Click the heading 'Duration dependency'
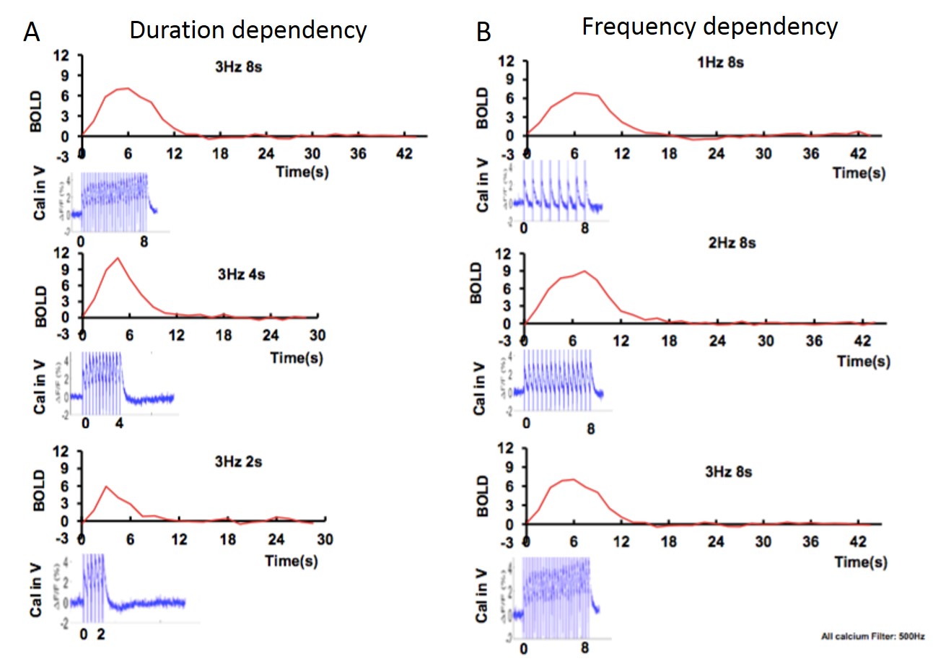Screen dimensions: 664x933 248,30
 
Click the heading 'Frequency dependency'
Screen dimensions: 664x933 710,27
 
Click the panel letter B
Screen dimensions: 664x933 483,32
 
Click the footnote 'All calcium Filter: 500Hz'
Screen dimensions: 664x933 872,637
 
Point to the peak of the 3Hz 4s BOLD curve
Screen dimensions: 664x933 116,258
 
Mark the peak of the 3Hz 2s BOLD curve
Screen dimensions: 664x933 107,486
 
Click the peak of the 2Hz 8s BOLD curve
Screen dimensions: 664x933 585,271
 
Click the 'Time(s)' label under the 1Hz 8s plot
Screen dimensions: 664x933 859,173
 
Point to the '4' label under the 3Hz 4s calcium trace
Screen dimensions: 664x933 120,423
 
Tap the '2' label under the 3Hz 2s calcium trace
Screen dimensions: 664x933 100,634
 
